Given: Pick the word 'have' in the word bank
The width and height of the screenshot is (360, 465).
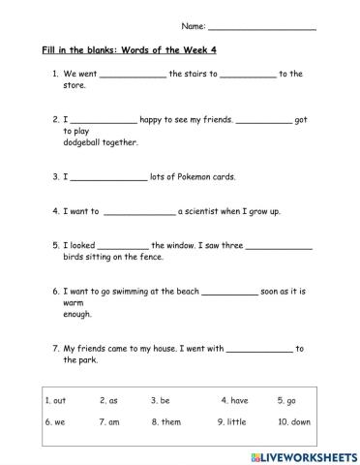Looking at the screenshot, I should [239, 399].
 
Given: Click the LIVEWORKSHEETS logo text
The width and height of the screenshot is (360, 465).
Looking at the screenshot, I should [308, 454].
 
